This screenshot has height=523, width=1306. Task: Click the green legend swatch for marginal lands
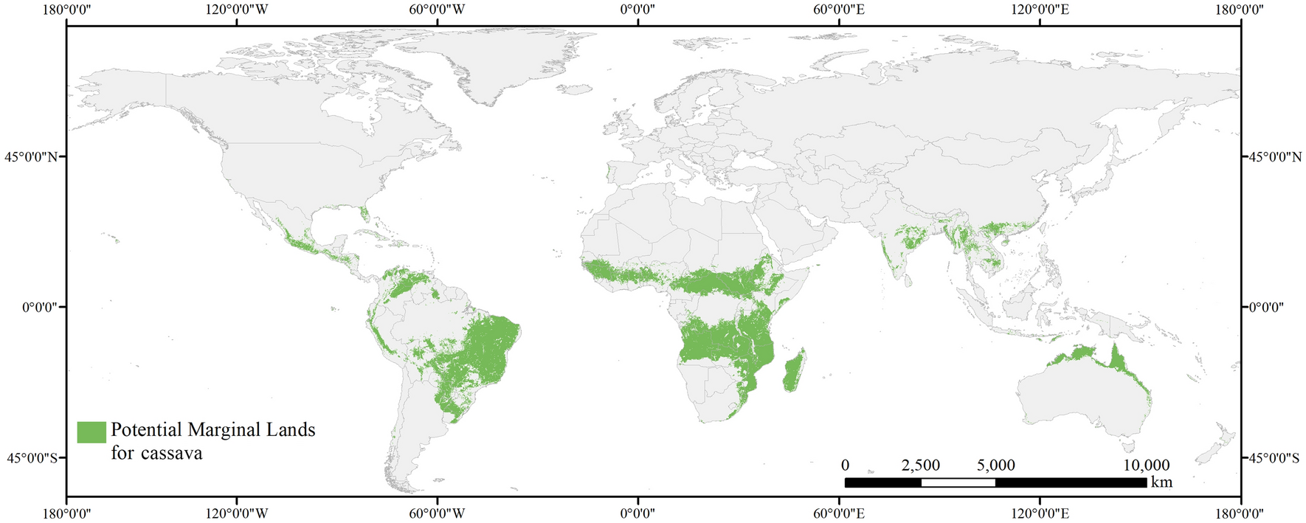coord(91,432)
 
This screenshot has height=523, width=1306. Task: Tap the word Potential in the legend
coord(146,430)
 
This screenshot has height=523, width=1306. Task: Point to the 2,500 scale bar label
coord(921,465)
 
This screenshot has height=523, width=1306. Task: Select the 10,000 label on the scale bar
coord(1146,465)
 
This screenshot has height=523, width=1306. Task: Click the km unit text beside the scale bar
coord(1161,482)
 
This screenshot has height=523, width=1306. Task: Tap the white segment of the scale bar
coord(958,482)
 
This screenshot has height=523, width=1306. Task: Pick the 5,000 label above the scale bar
coord(996,465)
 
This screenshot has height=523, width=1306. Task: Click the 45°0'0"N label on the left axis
coord(32,157)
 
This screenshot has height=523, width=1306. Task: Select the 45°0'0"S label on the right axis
coord(1274,458)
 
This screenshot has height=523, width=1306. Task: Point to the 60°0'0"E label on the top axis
coord(839,10)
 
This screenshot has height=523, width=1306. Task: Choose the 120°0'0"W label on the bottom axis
coord(236,513)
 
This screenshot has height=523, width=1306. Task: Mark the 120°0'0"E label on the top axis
coord(1040,10)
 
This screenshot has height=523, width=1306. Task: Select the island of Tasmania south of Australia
coord(1127,445)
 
